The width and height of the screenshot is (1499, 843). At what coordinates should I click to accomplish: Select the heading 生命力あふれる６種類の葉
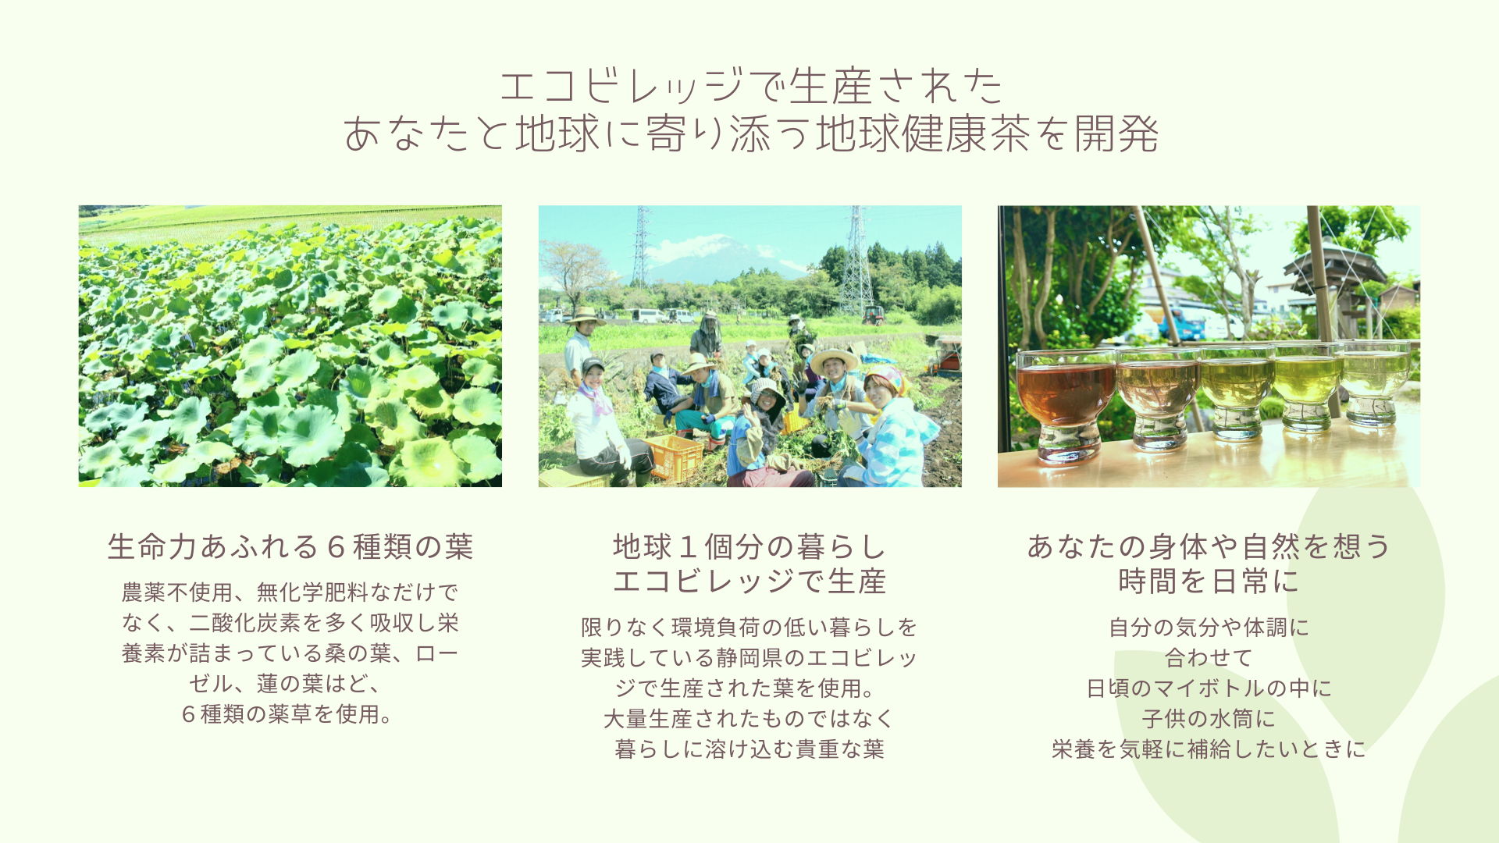click(x=290, y=546)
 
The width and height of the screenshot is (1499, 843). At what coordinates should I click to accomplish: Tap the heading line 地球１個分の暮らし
click(x=749, y=546)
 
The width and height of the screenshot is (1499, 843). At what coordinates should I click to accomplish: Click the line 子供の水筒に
click(x=1209, y=718)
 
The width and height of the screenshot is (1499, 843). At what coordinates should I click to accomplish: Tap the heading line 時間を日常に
click(x=1209, y=581)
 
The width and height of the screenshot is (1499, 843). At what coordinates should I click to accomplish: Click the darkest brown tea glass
click(x=1066, y=406)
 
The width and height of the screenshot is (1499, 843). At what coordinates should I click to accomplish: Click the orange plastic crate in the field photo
click(x=673, y=457)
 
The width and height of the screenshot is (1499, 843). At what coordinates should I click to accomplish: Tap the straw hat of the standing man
click(x=586, y=315)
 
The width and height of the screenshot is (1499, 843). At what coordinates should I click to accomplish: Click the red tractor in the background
click(x=873, y=315)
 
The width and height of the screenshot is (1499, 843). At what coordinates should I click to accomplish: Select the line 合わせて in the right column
click(x=1209, y=657)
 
